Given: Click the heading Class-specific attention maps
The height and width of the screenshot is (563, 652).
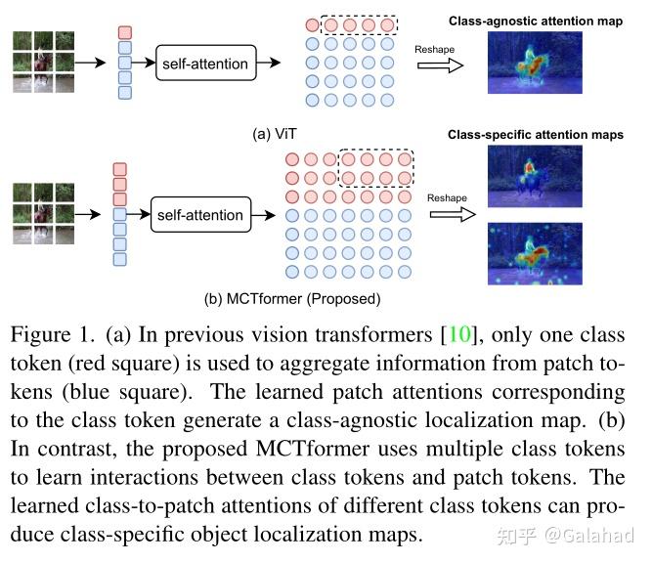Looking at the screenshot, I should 536,134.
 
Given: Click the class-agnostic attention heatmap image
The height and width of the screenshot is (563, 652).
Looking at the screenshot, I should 534,63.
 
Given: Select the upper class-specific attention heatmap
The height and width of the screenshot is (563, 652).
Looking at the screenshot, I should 534,178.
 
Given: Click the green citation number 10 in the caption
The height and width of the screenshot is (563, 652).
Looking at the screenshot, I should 458,335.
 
